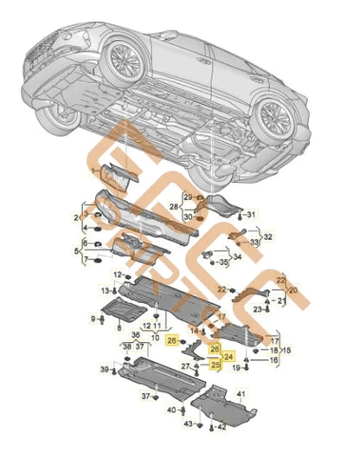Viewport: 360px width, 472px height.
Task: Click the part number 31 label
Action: click(x=252, y=214)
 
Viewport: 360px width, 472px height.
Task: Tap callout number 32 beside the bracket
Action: click(x=268, y=236)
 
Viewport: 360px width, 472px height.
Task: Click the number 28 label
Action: click(x=175, y=207)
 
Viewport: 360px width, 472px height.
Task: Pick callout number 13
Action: click(x=104, y=290)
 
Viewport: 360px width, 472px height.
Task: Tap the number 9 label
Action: click(x=93, y=320)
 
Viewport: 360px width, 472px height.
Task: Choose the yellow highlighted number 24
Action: click(x=228, y=355)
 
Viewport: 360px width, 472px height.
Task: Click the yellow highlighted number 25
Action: click(x=215, y=365)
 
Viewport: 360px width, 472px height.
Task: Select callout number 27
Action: click(x=185, y=366)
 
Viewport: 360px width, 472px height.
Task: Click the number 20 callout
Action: click(x=292, y=290)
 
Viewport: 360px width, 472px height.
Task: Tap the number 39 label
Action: click(x=103, y=370)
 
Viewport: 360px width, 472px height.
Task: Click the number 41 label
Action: click(x=241, y=395)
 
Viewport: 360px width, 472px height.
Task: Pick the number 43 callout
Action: click(x=188, y=424)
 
